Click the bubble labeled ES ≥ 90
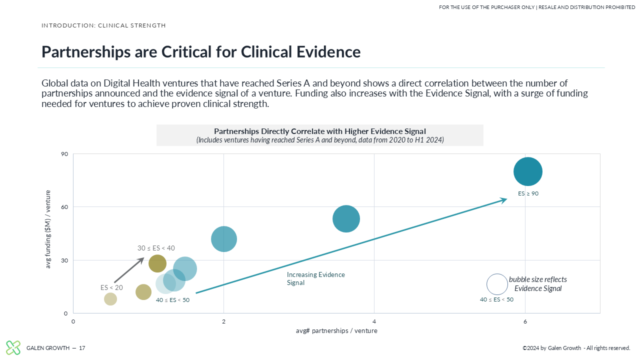tap(527, 171)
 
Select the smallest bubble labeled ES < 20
tap(110, 299)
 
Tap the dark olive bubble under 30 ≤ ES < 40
tap(157, 263)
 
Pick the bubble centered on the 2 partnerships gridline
tap(224, 239)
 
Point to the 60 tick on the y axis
tap(64, 207)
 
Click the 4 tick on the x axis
tap(374, 321)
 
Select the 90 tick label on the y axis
tap(64, 154)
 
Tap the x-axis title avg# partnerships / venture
tap(336, 331)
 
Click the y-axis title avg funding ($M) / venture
tap(48, 229)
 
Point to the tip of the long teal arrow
tap(507, 199)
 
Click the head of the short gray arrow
tap(143, 257)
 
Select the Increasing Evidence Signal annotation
tap(315, 278)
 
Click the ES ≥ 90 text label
tap(528, 193)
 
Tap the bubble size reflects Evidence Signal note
tap(537, 284)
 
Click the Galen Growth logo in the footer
tap(13, 347)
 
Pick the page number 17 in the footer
tap(82, 348)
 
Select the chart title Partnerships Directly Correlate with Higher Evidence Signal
tap(319, 131)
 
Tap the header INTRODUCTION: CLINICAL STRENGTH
tap(103, 25)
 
